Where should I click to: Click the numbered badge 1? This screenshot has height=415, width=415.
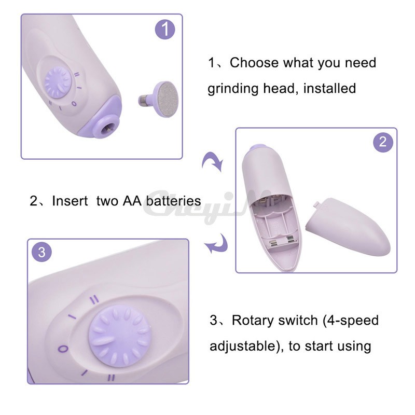click(x=165, y=29)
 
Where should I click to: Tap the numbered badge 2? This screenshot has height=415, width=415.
click(x=383, y=142)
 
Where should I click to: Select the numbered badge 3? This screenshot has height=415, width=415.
click(x=42, y=252)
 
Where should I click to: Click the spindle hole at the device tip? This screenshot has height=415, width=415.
click(x=109, y=128)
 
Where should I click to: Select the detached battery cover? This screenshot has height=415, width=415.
click(x=348, y=227)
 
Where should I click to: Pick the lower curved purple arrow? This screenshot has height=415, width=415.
click(x=216, y=243)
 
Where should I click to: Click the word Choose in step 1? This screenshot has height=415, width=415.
click(x=254, y=63)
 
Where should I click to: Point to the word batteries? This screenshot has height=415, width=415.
click(x=173, y=201)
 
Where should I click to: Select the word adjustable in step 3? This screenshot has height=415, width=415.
click(x=243, y=346)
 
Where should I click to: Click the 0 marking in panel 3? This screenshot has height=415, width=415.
click(x=63, y=349)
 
